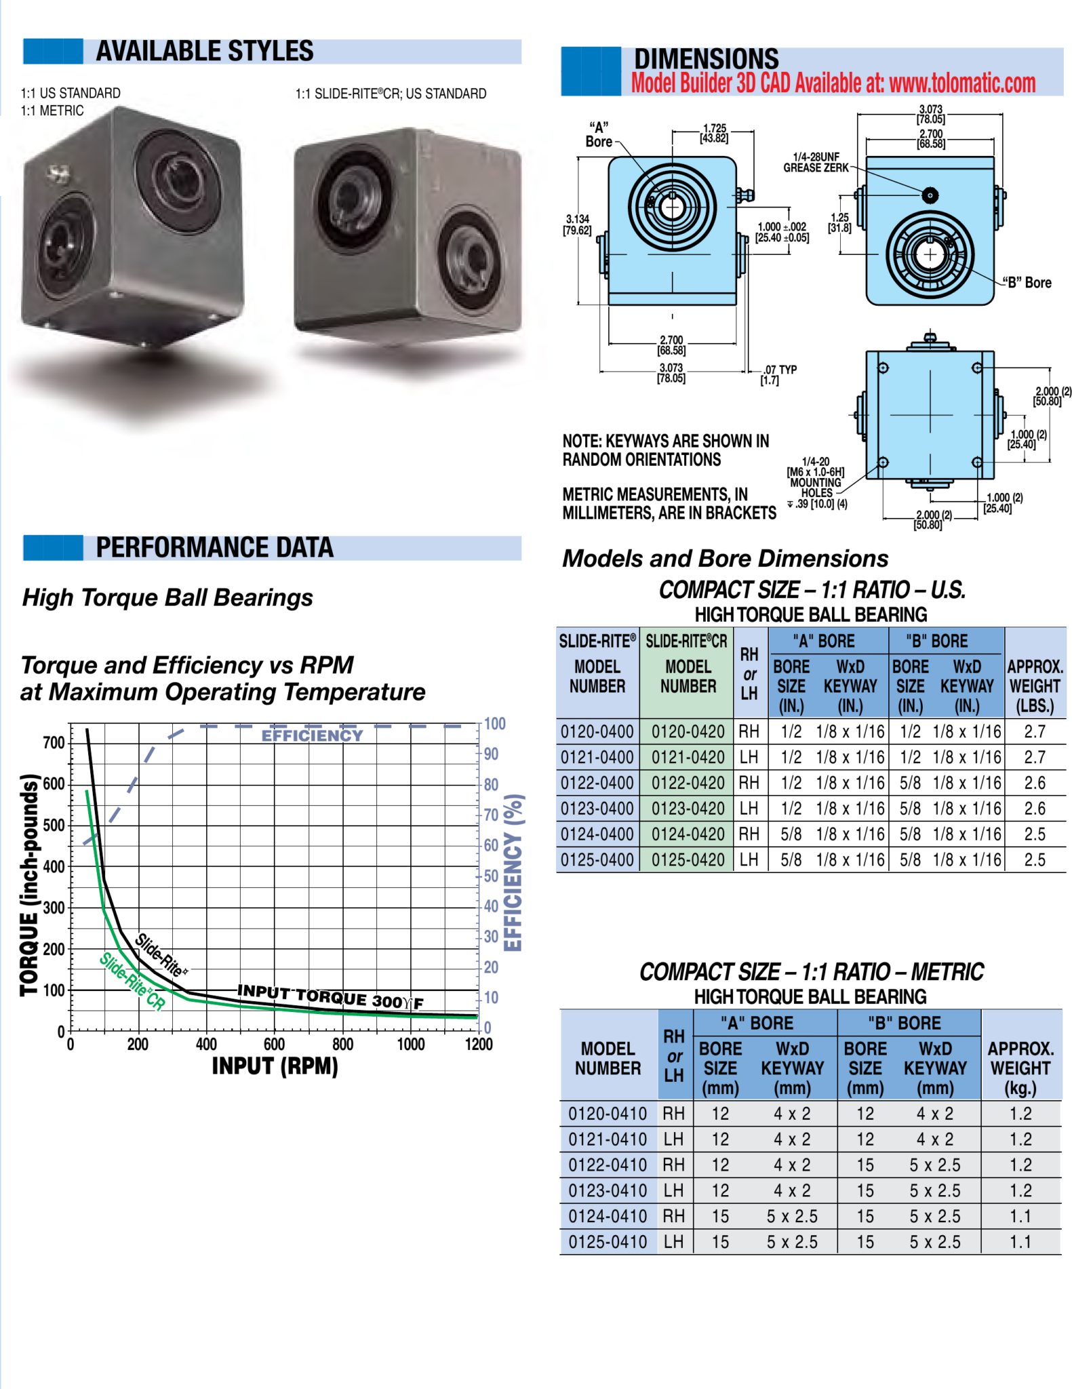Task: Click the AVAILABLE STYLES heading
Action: point(204,52)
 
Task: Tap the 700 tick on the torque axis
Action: point(54,743)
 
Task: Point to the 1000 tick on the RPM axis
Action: point(410,1044)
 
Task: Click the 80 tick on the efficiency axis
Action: point(491,785)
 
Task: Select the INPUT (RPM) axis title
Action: point(275,1066)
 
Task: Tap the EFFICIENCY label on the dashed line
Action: point(312,736)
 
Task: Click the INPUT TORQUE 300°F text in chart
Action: point(330,997)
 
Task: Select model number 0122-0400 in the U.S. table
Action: point(597,783)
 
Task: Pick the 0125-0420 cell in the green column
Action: point(688,860)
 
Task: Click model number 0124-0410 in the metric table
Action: point(608,1217)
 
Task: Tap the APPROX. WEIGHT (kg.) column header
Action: point(1020,1068)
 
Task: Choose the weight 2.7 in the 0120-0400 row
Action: point(1034,732)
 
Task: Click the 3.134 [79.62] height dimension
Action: point(577,224)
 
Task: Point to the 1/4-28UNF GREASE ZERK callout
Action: point(816,162)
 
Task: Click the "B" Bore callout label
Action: point(1029,283)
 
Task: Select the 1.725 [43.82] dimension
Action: point(714,133)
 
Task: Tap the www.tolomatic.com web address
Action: point(962,83)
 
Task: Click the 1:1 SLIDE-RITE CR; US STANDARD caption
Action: point(391,94)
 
